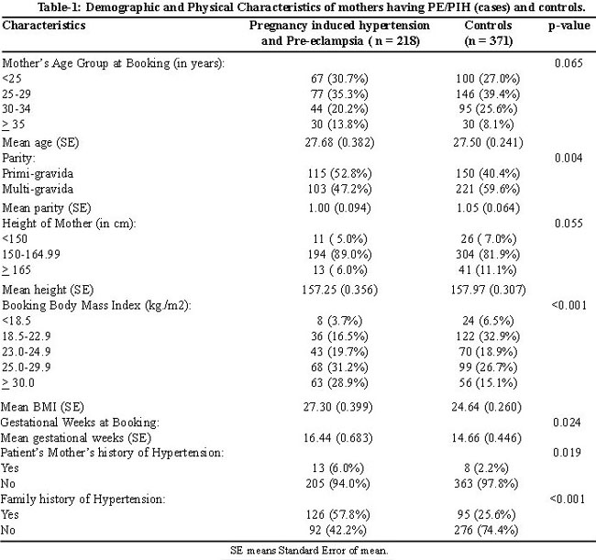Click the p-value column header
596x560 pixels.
[x=569, y=26]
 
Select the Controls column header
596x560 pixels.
[x=489, y=33]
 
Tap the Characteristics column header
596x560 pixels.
[x=44, y=25]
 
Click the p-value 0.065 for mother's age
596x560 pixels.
[x=568, y=62]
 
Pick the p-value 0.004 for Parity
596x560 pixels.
[x=568, y=158]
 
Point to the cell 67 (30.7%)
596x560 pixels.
[x=339, y=79]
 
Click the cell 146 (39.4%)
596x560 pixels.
[x=488, y=93]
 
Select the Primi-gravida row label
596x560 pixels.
[x=38, y=173]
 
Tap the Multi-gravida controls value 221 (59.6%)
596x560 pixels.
[x=488, y=189]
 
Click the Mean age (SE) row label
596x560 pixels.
[x=40, y=142]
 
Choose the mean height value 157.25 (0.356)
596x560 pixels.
[x=340, y=290]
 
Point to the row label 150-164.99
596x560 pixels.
[x=31, y=254]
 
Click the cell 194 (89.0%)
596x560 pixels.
[x=340, y=254]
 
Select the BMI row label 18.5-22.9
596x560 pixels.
[x=27, y=336]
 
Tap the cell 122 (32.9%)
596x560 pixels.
[x=488, y=336]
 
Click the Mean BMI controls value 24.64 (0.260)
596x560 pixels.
[x=487, y=407]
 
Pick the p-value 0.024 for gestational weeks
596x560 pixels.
[x=567, y=423]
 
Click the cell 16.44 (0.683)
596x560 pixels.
[x=338, y=438]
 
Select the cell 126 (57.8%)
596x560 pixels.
[x=338, y=514]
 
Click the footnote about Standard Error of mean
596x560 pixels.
[x=309, y=550]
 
